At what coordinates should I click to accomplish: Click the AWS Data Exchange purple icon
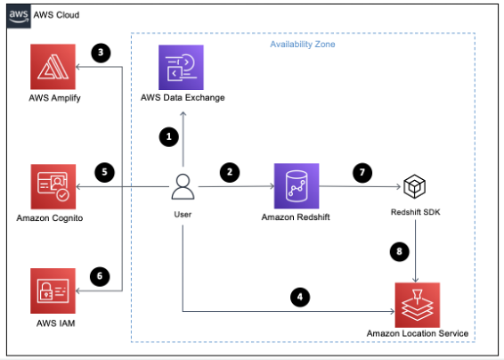coord(182,66)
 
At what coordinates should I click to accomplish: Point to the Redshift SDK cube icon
coord(416,187)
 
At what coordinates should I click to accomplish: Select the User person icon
coord(183,188)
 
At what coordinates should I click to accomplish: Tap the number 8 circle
coord(400,252)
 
